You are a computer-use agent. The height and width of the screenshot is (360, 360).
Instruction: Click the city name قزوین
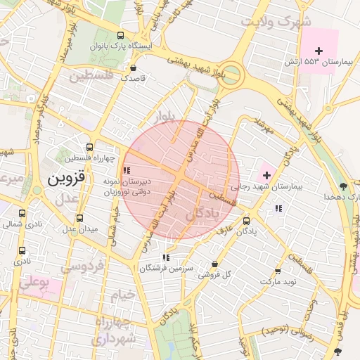[66, 179]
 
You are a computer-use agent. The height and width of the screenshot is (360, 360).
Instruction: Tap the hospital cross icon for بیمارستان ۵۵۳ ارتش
[319, 51]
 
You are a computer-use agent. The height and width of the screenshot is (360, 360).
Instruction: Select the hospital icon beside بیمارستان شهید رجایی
[266, 174]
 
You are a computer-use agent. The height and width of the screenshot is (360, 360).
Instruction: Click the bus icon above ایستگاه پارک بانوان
[120, 35]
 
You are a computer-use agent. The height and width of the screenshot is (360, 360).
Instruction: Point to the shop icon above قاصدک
[134, 68]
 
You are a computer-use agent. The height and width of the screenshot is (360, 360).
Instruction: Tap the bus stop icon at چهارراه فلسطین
[89, 148]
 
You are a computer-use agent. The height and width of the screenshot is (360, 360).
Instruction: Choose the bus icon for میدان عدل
[79, 219]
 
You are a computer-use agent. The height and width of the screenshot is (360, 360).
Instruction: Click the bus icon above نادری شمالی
[22, 214]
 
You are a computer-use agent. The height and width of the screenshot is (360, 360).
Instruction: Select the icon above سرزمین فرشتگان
[165, 258]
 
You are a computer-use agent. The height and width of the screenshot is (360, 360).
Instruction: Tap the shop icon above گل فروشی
[214, 264]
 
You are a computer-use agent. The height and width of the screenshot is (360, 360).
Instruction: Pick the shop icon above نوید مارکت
[278, 271]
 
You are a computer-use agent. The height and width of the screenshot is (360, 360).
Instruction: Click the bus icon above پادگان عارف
[245, 220]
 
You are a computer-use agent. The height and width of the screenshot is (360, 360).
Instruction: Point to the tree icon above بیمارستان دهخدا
[342, 186]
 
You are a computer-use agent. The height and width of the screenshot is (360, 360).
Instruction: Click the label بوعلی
[32, 284]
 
